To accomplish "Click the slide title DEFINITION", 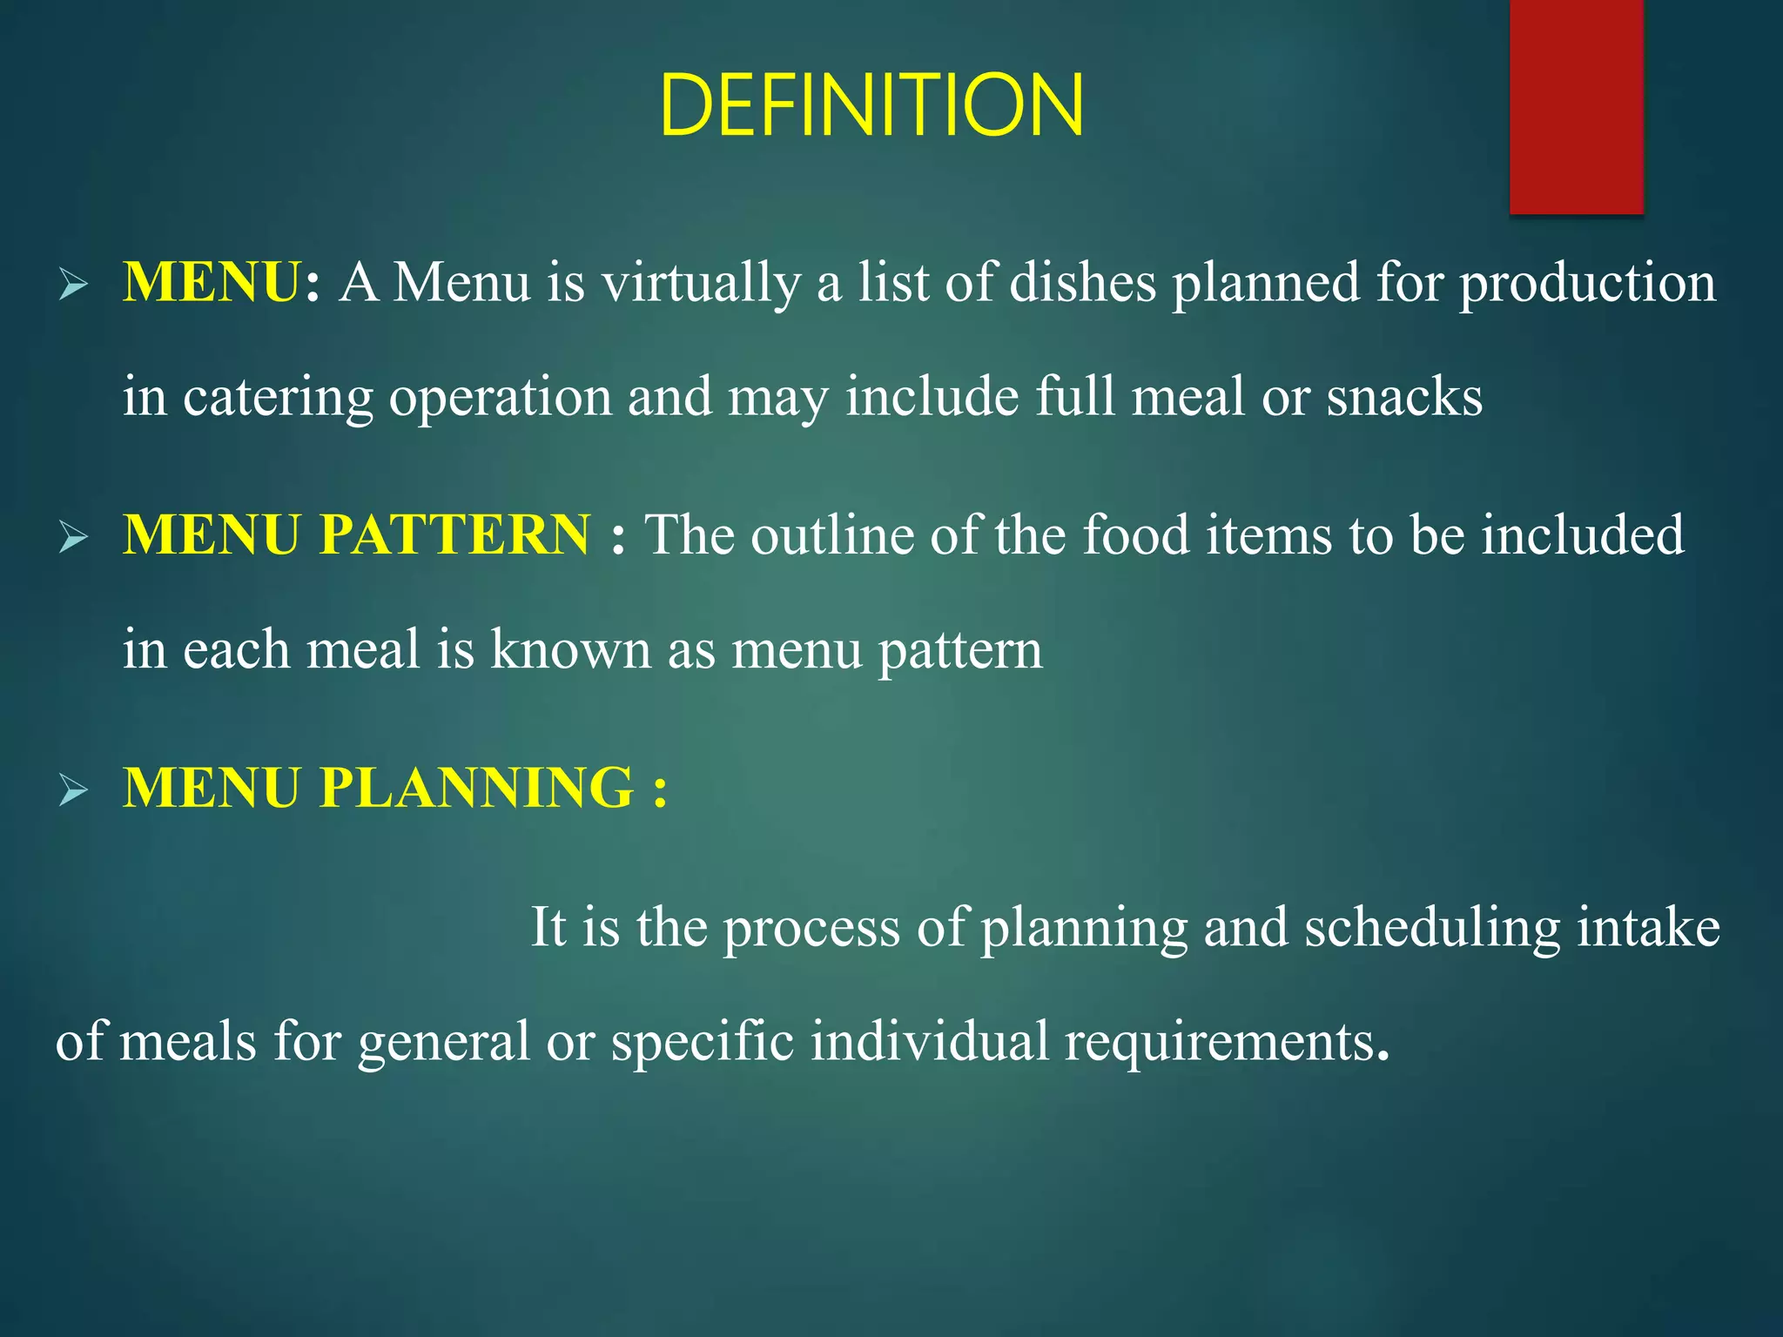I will (871, 105).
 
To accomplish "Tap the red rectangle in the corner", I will (1576, 106).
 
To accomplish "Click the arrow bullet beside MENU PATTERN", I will (73, 538).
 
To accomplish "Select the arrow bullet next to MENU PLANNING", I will (73, 790).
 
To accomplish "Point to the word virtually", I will (701, 284).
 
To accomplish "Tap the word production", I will (1587, 284).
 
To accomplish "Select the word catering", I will (278, 398).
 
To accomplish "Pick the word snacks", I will (1404, 398).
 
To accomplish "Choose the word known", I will (570, 649).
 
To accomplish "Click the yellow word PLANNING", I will (476, 788).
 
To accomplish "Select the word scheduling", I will (1432, 928).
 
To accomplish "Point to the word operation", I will (501, 398).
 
